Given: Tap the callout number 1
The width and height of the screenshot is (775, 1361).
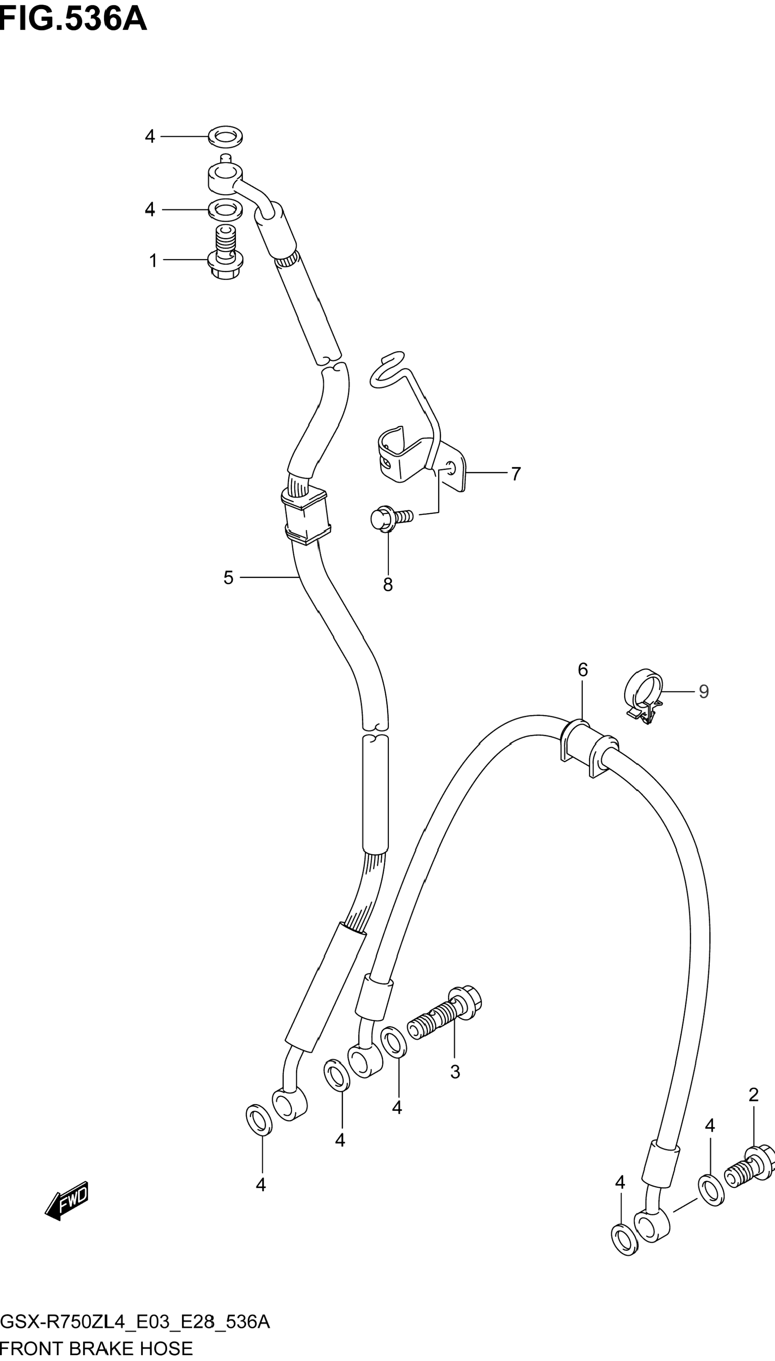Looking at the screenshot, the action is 153,261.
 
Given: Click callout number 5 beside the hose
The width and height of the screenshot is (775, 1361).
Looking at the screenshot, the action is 228,578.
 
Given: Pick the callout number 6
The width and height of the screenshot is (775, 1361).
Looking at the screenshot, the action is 583,670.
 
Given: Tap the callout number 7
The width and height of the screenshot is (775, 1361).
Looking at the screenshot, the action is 516,474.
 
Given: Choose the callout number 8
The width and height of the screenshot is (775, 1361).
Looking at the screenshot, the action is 388,584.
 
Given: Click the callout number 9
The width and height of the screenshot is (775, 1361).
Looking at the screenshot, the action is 704,691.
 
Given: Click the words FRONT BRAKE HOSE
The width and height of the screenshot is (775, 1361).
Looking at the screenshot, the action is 96,1348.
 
